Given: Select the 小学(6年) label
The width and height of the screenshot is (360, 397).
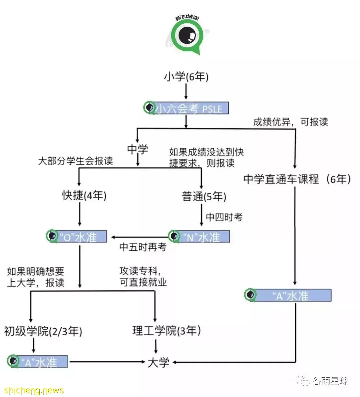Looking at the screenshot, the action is [186, 76].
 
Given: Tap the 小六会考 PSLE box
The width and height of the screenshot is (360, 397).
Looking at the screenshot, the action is [186, 108].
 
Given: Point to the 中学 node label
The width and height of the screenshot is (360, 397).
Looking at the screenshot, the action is [137, 149].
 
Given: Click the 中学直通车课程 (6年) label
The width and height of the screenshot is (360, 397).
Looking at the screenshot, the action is [297, 179].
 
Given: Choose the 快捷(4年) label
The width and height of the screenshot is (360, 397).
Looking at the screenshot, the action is [84, 195].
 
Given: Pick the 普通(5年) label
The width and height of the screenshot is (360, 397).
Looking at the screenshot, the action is [204, 196].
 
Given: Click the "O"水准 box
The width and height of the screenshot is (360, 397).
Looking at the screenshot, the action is [76, 236].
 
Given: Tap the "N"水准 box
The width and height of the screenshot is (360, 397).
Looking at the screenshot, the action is [199, 236].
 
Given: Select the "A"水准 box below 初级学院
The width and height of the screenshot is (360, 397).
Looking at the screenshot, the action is [37, 361].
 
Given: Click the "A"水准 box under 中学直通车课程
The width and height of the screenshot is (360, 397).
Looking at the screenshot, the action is [288, 295].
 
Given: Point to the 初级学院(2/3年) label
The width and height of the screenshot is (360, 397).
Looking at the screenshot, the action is [43, 331].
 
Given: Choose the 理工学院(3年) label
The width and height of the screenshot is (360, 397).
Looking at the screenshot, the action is [167, 331].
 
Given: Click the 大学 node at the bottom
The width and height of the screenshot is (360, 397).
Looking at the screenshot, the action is [158, 363].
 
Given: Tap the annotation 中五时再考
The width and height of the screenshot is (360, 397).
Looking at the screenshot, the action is [143, 247].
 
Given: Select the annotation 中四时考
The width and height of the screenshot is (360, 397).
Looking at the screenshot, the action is [224, 217].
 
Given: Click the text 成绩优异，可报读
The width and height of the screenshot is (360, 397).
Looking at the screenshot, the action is [291, 122].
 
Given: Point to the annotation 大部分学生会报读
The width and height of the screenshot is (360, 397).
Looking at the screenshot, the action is [75, 161].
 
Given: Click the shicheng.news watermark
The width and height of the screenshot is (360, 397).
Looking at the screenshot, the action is [34, 390].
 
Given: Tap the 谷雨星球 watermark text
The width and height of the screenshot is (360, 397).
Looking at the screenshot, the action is [331, 381].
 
